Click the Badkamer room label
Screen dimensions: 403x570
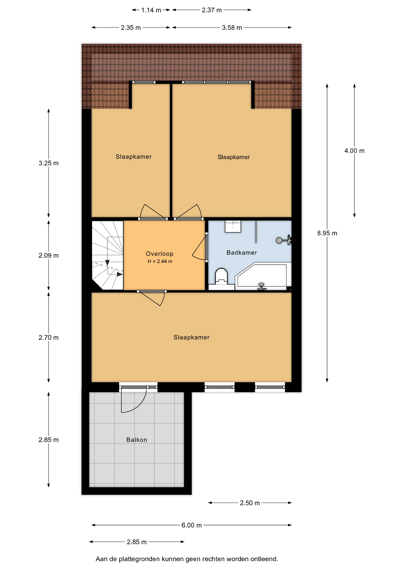point(242,253)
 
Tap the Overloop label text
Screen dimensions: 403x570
point(160,254)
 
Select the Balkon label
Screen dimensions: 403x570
point(137,440)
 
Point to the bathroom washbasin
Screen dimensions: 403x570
point(233,226)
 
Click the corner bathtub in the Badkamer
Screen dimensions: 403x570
point(263,276)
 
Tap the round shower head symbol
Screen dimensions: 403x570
point(279,240)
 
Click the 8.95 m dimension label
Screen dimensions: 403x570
point(327,233)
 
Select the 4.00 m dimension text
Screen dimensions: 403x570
point(354,151)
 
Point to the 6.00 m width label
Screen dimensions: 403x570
point(191,525)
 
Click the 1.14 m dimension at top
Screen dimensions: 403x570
point(151,10)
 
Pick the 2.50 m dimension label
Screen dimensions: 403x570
point(250,503)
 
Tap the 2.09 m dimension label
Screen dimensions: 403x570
point(49,255)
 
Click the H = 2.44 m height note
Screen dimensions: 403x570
point(160,262)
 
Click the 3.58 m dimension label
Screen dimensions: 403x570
point(232,28)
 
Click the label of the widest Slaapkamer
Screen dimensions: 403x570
point(191,337)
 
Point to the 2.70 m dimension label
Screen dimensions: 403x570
point(49,338)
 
